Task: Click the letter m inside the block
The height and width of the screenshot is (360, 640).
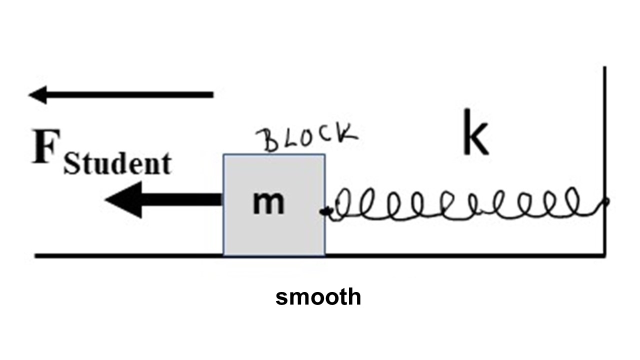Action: click(x=268, y=202)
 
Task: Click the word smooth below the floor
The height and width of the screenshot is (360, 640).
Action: click(x=318, y=297)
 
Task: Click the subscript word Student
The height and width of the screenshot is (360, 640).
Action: click(x=117, y=164)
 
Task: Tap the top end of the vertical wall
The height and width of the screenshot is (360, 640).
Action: click(x=605, y=67)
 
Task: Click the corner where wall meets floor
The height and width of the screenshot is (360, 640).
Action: click(x=605, y=256)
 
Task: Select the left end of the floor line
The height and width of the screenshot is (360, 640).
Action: click(x=36, y=256)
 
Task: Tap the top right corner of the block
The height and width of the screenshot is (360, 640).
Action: click(x=324, y=154)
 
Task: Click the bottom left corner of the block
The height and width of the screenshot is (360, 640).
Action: click(x=223, y=255)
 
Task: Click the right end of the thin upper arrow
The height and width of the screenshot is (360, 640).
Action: click(x=212, y=94)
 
